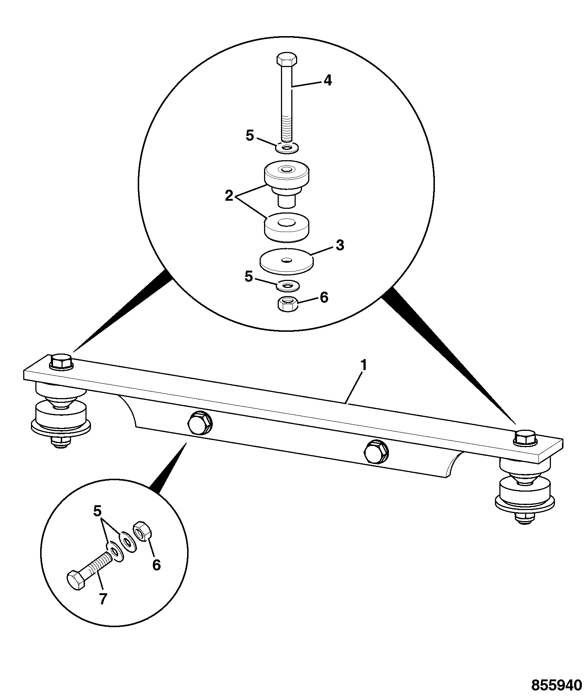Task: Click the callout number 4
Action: (x=327, y=80)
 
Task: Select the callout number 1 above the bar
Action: (x=363, y=366)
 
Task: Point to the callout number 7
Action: (x=103, y=599)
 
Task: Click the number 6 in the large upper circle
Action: (x=324, y=297)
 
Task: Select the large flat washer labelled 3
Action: (x=287, y=262)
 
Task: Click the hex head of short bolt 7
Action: (x=77, y=581)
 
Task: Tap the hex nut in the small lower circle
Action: (x=140, y=531)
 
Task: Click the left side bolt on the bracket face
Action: (x=199, y=422)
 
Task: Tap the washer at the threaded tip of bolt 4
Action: (x=287, y=148)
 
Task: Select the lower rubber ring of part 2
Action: (x=287, y=227)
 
